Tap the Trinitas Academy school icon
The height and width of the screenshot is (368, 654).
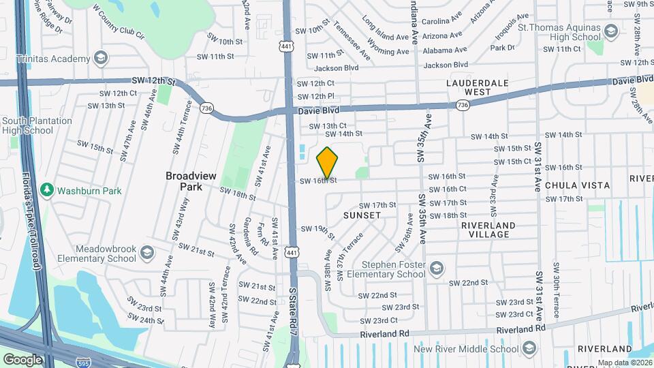[x=102, y=57]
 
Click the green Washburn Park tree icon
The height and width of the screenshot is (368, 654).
[x=47, y=190]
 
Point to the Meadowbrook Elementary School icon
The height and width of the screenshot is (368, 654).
[x=146, y=254]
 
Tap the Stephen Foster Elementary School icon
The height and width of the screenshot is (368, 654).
[x=436, y=266]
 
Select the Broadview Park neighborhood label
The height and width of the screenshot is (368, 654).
[x=191, y=181]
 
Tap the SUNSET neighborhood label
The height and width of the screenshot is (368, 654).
[x=362, y=215]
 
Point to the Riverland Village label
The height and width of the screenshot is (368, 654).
[x=488, y=230]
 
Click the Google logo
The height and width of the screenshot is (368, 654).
[x=22, y=359]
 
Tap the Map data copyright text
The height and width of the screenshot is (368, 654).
[x=625, y=363]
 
